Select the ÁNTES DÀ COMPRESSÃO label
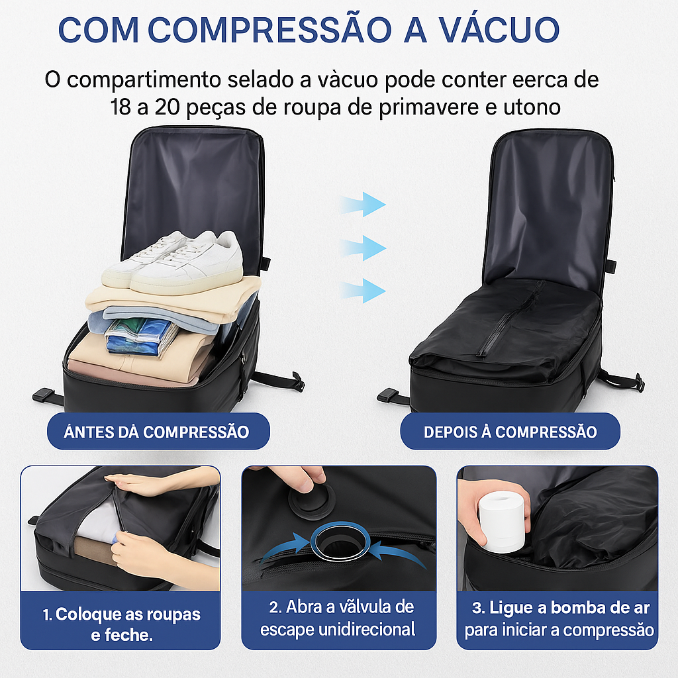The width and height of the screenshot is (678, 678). click(157, 432)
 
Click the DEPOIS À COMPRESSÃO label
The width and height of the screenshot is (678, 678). click(510, 432)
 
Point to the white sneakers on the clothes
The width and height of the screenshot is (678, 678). click(175, 262)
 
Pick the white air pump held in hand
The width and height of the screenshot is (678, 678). click(502, 520)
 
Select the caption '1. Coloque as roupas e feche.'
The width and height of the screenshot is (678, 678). click(121, 624)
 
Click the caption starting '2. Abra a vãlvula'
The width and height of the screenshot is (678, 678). click(338, 618)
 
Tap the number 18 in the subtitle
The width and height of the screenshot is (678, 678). click(122, 107)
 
